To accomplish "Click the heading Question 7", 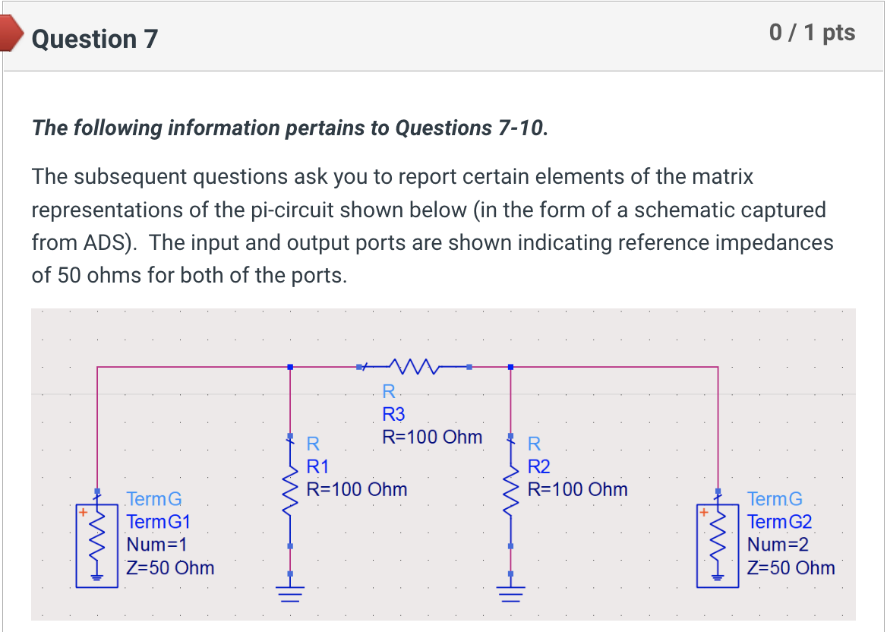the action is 95,38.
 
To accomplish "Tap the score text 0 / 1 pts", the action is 812,33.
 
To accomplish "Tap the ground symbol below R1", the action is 290,590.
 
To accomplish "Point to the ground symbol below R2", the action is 510,590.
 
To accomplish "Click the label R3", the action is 393,414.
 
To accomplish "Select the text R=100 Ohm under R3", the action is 431,437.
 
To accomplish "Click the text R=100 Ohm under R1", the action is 356,488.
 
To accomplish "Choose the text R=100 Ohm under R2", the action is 577,488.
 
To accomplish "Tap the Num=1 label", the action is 156,545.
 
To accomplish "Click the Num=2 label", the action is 778,545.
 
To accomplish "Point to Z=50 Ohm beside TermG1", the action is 170,567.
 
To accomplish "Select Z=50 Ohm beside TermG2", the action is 791,567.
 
